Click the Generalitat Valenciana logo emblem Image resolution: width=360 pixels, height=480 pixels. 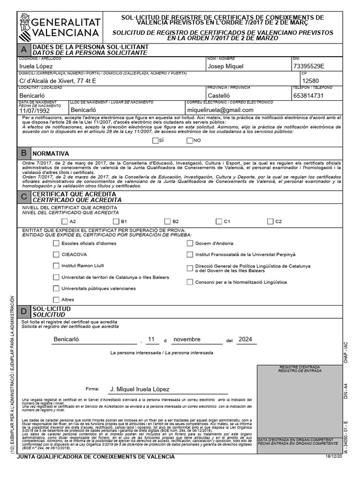(x=25, y=26)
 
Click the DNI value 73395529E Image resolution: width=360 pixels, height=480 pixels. (x=308, y=66)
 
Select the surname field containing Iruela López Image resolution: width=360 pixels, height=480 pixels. (x=36, y=67)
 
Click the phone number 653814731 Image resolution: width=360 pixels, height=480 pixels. (x=308, y=95)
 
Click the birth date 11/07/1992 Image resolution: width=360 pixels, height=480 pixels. (x=37, y=110)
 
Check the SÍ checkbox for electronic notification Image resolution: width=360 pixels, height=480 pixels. (x=156, y=140)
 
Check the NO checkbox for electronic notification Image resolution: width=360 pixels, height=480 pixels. (x=189, y=140)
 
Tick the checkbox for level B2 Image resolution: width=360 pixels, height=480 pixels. (x=168, y=221)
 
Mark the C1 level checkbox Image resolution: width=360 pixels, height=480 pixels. (x=219, y=221)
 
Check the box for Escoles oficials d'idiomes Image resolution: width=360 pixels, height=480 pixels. (x=56, y=243)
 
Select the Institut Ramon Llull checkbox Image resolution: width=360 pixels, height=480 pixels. (x=56, y=265)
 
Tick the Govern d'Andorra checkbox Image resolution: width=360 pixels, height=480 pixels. (x=190, y=243)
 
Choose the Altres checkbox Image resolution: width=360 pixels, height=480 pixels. (x=56, y=299)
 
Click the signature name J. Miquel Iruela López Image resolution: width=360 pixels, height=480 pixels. (x=139, y=389)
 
